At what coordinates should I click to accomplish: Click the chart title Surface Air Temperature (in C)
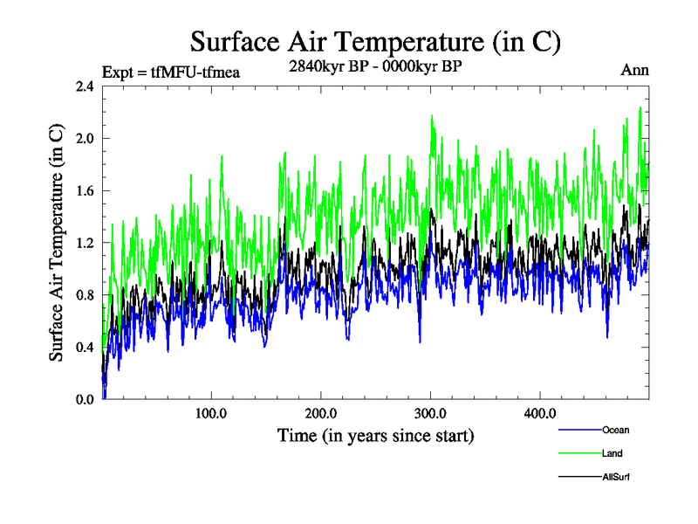click(375, 41)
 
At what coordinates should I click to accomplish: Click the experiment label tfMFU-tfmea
click(171, 72)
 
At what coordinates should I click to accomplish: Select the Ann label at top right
click(635, 71)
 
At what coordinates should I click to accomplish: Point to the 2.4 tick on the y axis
click(85, 86)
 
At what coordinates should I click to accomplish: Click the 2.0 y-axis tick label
click(85, 138)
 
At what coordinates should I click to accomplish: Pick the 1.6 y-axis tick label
click(85, 190)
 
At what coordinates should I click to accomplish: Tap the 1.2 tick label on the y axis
click(85, 243)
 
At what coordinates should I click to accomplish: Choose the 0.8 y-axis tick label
click(85, 294)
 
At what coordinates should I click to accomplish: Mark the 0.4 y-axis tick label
click(85, 347)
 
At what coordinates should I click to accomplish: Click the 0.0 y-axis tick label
click(85, 399)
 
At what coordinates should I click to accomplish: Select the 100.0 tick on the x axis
click(211, 413)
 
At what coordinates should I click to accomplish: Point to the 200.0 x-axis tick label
click(321, 413)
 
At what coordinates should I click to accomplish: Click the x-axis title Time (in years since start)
click(375, 434)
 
